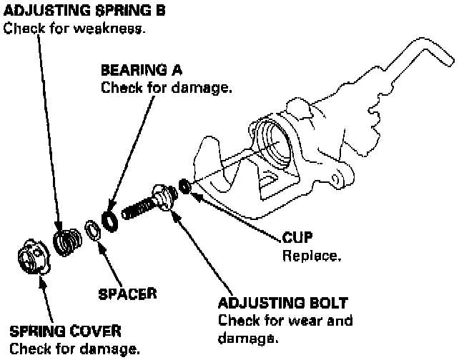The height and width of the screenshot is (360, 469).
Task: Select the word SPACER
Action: [128, 292]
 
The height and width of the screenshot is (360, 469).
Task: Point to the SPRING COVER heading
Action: [65, 331]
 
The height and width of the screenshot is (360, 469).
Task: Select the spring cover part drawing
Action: [33, 258]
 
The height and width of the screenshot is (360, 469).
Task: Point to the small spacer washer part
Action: [92, 230]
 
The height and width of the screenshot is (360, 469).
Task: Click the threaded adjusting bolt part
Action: [150, 203]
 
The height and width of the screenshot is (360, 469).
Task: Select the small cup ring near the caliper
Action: [184, 186]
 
